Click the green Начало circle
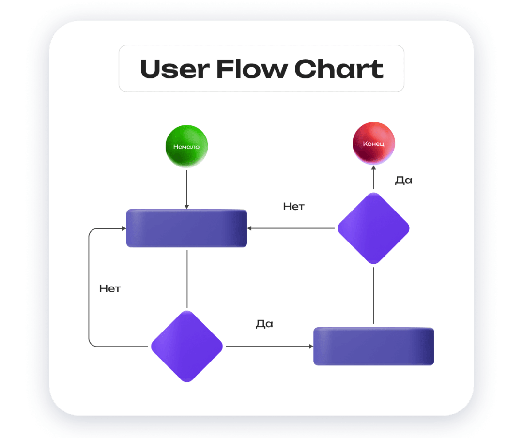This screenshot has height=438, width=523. pyautogui.click(x=186, y=146)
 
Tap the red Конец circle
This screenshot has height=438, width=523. pyautogui.click(x=373, y=144)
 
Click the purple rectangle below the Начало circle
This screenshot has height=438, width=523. pyautogui.click(x=186, y=228)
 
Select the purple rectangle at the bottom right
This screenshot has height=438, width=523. pyautogui.click(x=373, y=346)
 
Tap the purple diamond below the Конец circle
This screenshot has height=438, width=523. pyautogui.click(x=373, y=228)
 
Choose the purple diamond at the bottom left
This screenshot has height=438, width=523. pyautogui.click(x=186, y=346)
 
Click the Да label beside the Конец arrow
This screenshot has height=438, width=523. pyautogui.click(x=403, y=181)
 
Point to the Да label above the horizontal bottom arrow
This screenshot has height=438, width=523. pyautogui.click(x=264, y=324)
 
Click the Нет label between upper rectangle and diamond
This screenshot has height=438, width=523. pyautogui.click(x=294, y=207)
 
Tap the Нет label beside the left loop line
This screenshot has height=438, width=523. pyautogui.click(x=110, y=289)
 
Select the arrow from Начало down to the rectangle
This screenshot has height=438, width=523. pyautogui.click(x=186, y=189)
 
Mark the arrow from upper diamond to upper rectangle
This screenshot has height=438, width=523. pyautogui.click(x=291, y=228)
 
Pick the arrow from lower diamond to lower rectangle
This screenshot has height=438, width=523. pyautogui.click(x=269, y=346)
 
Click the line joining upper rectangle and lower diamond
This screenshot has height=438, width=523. pyautogui.click(x=186, y=278)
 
